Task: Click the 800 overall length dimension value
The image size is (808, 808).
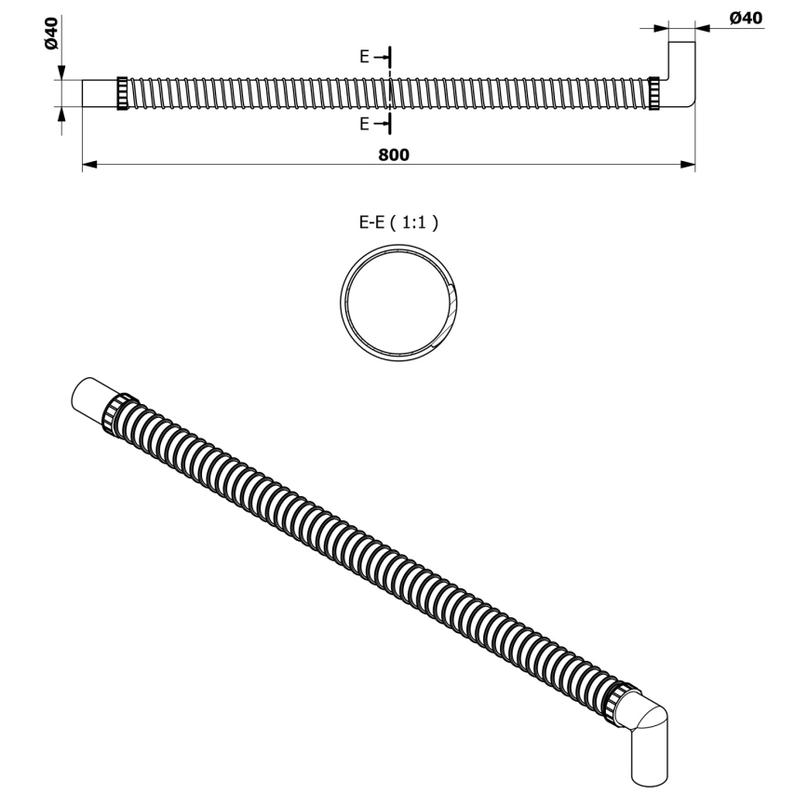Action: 394,155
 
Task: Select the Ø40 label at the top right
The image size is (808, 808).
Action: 746,18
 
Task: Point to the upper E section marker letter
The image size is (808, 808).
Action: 366,57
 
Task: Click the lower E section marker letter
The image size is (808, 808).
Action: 366,124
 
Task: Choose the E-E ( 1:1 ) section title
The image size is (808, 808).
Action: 399,222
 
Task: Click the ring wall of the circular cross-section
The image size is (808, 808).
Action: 343,296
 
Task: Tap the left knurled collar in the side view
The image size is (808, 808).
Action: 122,94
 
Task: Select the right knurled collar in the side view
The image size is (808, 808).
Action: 654,94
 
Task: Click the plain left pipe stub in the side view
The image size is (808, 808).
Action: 100,94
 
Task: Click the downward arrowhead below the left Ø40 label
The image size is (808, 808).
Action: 61,73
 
